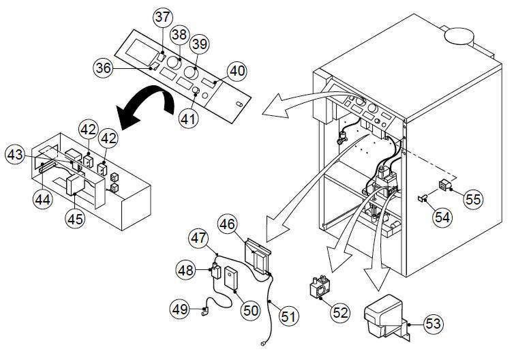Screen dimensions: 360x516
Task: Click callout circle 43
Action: coord(18,155)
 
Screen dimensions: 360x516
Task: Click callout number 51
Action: coord(289,316)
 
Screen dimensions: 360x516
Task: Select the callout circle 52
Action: coord(339,313)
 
